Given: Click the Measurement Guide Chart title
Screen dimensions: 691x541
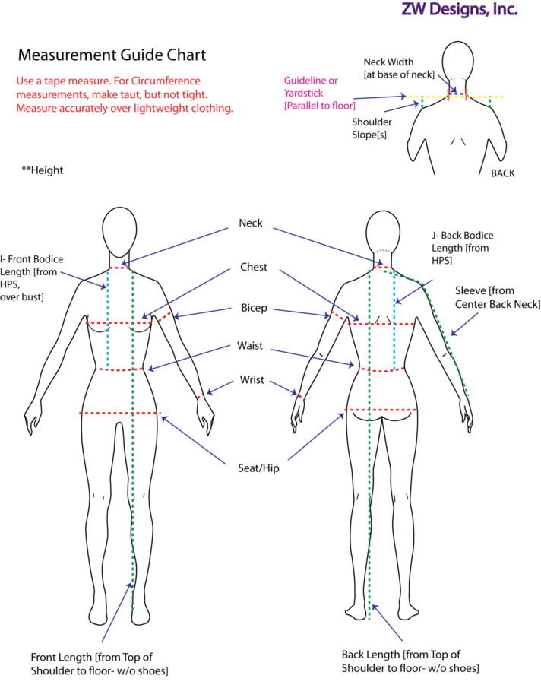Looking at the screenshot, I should (112, 55).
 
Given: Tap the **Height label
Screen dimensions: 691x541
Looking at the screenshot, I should (43, 170).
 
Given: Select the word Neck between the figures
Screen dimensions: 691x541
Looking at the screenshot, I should (251, 223).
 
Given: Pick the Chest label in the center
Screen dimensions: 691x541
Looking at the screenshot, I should (253, 268).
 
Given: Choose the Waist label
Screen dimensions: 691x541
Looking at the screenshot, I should (251, 346).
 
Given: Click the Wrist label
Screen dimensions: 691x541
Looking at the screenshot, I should (252, 380).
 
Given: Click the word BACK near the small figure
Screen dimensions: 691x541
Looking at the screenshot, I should (502, 173).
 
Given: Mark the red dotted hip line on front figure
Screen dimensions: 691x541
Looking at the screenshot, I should (120, 413).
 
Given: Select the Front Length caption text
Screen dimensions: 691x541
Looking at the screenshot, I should (99, 663).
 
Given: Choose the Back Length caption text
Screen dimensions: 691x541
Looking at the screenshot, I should (410, 661).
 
